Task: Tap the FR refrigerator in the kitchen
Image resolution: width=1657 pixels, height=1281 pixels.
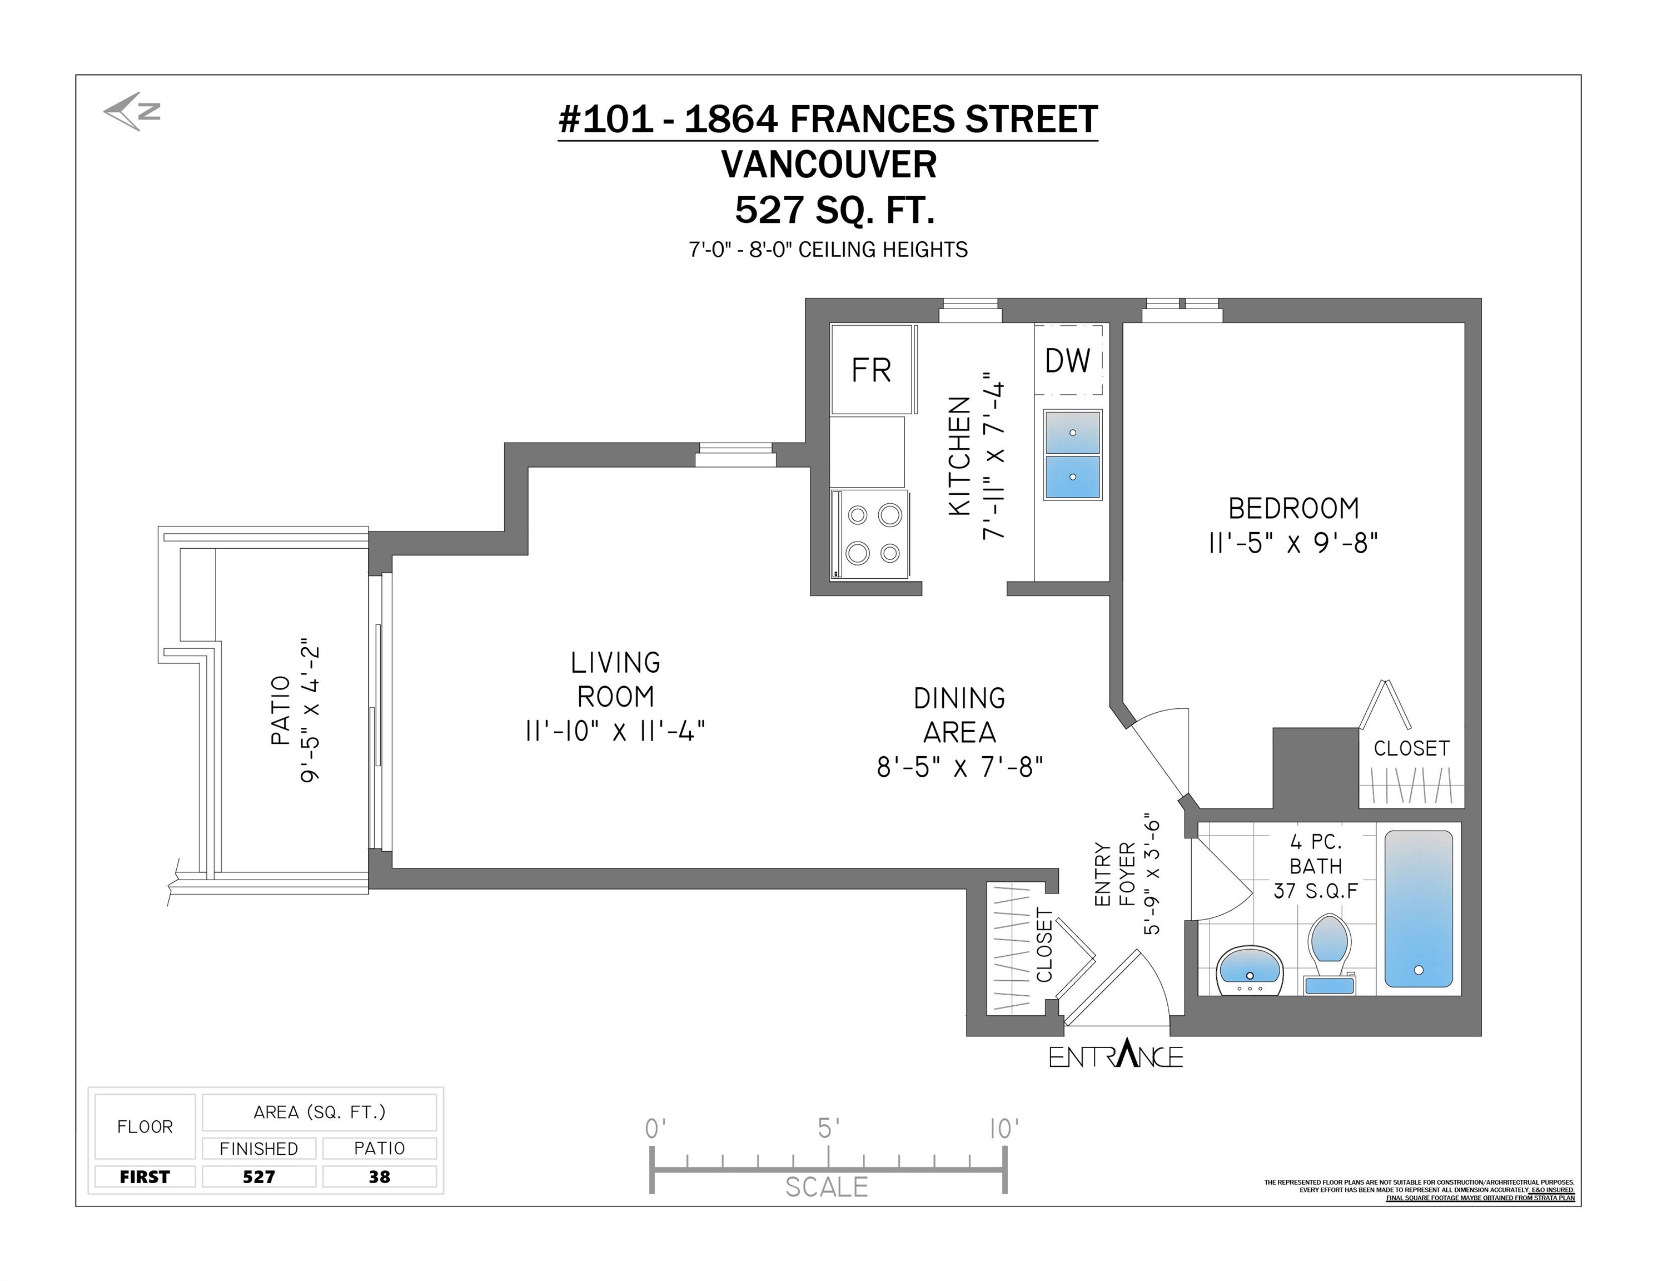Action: point(871,370)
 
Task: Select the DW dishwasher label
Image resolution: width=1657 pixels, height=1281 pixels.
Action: point(1067,361)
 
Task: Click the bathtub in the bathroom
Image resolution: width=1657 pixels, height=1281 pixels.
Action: point(1419,908)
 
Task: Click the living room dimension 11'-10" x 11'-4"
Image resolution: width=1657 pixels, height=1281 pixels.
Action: point(615,731)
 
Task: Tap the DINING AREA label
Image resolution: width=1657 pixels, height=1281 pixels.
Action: point(960,715)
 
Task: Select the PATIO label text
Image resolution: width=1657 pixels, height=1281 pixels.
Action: point(281,711)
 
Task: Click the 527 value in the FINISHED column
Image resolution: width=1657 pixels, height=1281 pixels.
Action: point(258,1176)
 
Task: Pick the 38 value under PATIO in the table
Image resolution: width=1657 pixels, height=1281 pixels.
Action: point(379,1176)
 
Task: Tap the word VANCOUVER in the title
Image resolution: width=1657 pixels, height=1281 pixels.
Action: point(828,165)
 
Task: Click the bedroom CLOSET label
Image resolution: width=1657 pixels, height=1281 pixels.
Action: point(1411,748)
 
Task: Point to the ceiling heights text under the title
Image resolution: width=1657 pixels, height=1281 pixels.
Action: point(828,249)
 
